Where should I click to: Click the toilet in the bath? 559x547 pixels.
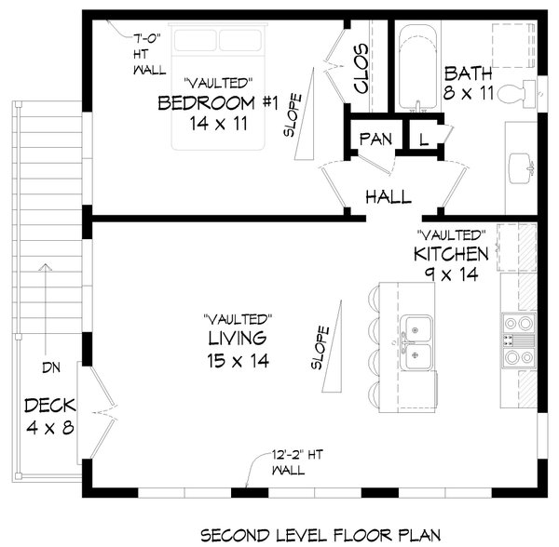coord(517,94)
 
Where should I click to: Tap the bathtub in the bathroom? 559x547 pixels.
coord(417,67)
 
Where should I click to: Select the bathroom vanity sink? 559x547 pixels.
coord(521,168)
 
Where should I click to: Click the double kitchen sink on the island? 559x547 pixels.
coord(416,342)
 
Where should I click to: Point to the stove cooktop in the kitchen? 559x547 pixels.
coord(519,340)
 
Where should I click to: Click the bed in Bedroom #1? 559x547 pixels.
coord(218,87)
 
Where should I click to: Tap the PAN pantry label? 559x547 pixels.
coord(375,140)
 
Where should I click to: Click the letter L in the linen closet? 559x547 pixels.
coord(424,140)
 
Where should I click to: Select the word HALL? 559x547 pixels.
coord(389,197)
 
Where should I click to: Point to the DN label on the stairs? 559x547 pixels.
coord(51,367)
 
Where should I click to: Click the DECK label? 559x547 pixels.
coord(50,406)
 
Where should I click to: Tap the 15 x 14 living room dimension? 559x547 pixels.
coord(238,361)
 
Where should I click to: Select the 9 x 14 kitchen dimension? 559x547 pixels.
coord(451,274)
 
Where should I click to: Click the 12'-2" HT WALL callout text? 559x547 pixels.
coord(297,462)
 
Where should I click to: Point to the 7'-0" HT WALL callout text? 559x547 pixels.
coord(149,54)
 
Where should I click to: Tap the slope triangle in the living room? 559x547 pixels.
coord(333,346)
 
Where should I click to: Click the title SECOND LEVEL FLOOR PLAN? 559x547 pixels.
coord(320,535)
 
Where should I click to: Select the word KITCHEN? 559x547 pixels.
coord(451,254)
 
